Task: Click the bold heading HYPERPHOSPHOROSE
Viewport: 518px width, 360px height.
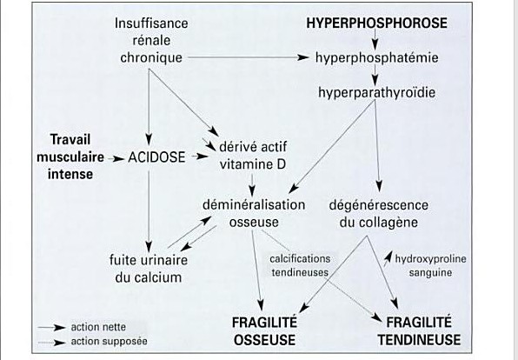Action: [x=376, y=23]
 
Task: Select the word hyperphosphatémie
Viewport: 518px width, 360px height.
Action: [x=377, y=58]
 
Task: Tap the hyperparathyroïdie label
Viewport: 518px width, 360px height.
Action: [x=376, y=92]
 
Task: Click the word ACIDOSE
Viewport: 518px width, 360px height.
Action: [x=156, y=157]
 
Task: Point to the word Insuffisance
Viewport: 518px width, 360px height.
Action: [x=151, y=23]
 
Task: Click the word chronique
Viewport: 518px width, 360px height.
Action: [x=151, y=58]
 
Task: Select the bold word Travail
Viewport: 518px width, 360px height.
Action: [x=70, y=139]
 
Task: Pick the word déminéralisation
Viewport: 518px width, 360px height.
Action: [x=254, y=204]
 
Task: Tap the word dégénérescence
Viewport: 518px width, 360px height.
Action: [x=379, y=205]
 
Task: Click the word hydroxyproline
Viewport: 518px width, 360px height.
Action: [x=430, y=259]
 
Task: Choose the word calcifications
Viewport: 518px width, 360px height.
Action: [x=300, y=258]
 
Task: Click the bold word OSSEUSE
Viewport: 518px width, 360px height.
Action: [x=264, y=340]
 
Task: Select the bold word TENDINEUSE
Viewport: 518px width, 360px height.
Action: [x=419, y=340]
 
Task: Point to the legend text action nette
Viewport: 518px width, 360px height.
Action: [x=98, y=327]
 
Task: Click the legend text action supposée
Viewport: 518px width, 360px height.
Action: [x=109, y=341]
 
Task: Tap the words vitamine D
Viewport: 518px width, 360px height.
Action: [x=253, y=164]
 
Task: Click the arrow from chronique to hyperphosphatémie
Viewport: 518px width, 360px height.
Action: [x=248, y=57]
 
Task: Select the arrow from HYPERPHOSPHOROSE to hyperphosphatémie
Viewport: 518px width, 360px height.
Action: [x=375, y=40]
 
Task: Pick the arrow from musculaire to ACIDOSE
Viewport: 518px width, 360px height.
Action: [x=116, y=159]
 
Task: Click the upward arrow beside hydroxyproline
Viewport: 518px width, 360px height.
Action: [x=388, y=258]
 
